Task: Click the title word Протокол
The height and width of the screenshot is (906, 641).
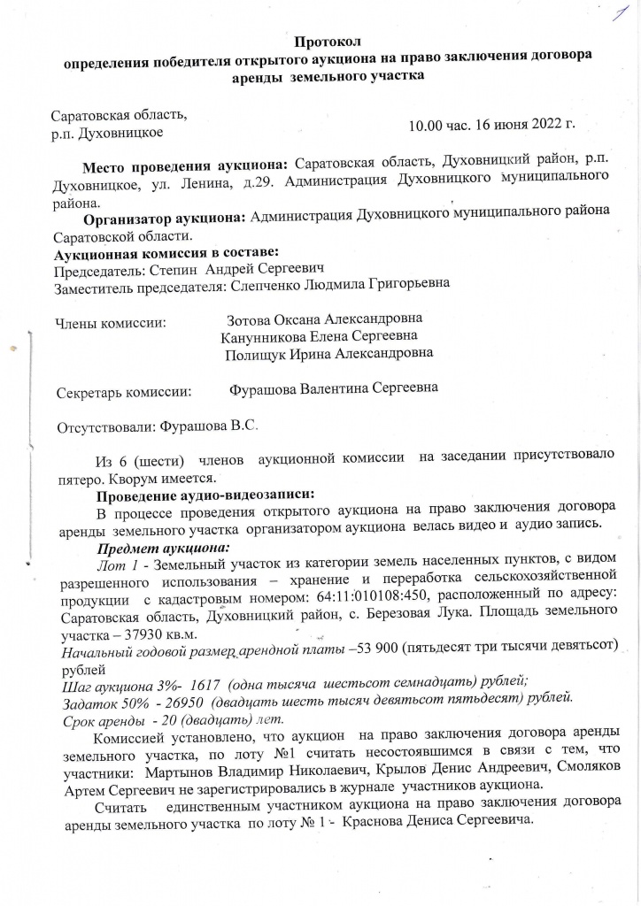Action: pyautogui.click(x=327, y=41)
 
